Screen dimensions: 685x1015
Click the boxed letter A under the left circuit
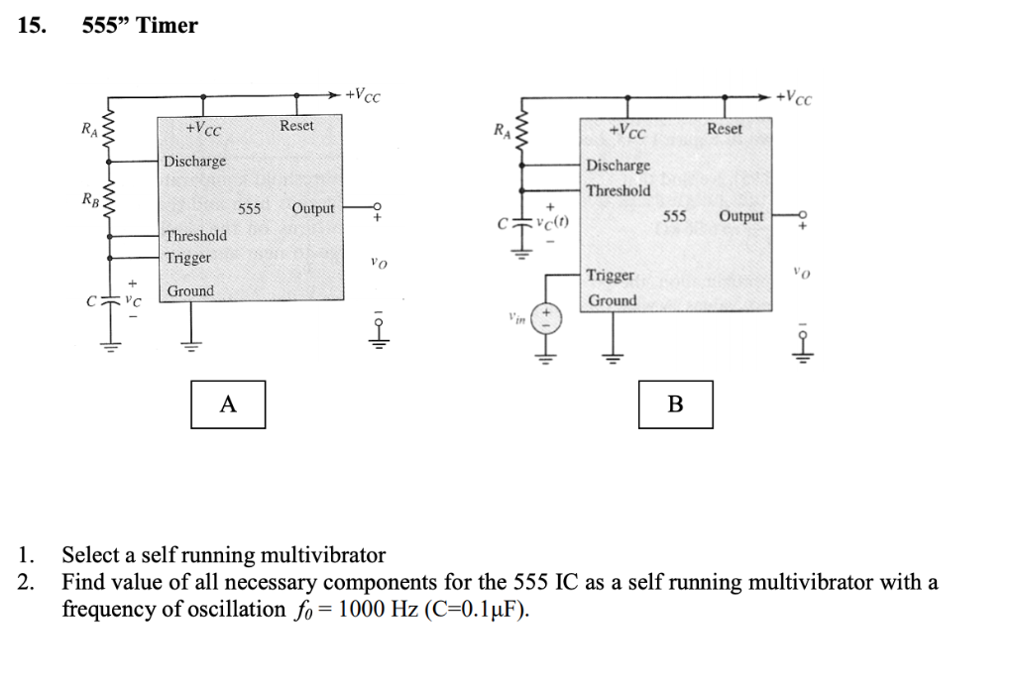[x=228, y=404]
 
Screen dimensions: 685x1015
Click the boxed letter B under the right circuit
[x=676, y=404]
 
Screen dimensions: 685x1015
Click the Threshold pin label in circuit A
[x=195, y=236]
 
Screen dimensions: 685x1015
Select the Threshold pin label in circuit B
[x=619, y=190]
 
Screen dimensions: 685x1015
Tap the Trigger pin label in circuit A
[x=188, y=258]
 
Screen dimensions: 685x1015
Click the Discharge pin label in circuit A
[x=194, y=161]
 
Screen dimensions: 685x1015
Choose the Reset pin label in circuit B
[x=725, y=129]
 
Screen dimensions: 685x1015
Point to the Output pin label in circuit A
[x=313, y=208]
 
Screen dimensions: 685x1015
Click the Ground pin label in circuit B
[x=612, y=300]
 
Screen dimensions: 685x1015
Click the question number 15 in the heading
[x=32, y=26]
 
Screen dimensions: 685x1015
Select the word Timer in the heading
[x=168, y=26]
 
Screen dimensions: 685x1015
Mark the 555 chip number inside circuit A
[x=249, y=209]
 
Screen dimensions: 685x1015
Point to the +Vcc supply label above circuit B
[x=796, y=97]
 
